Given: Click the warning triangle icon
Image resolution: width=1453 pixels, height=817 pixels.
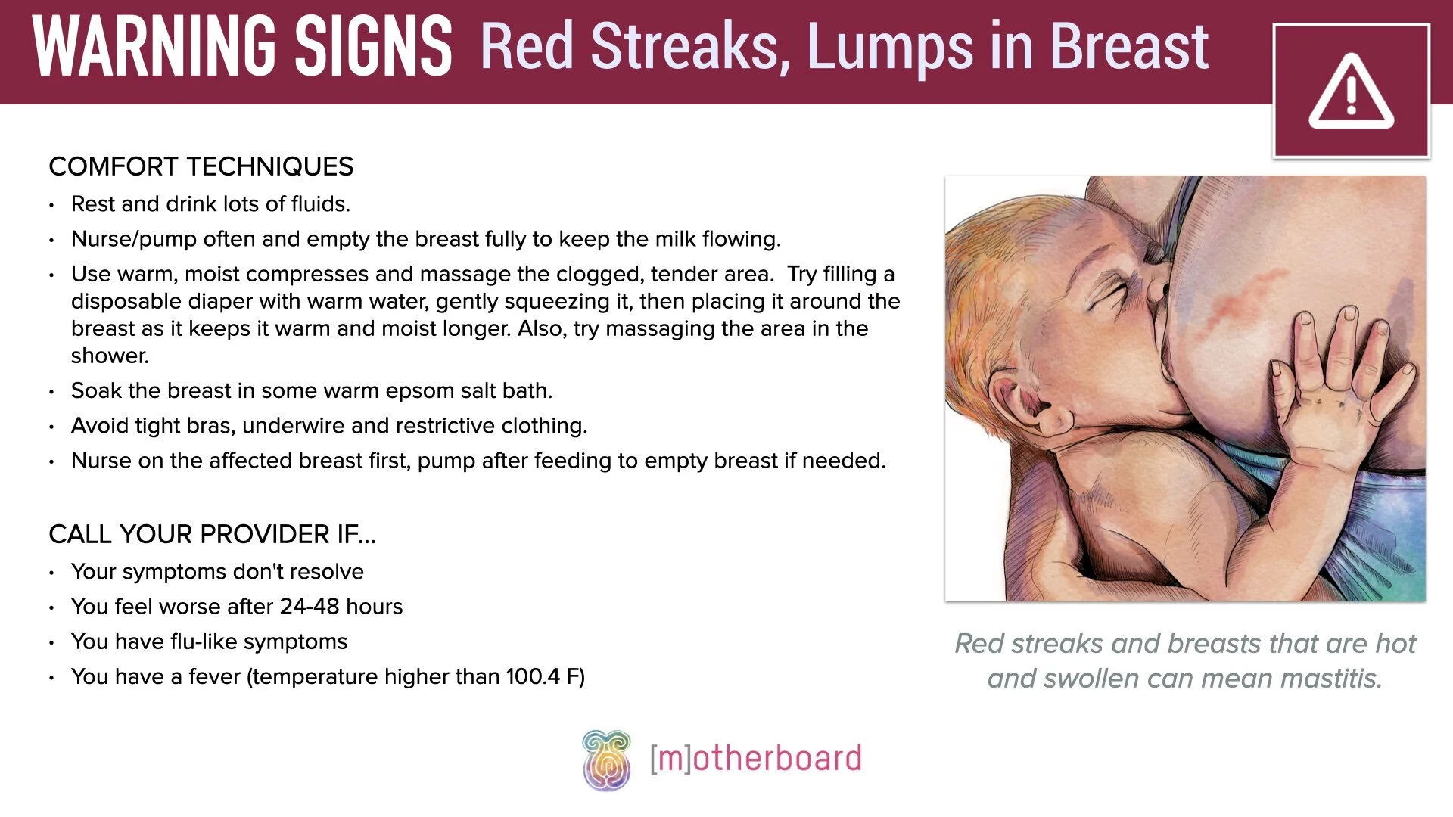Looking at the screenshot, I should pyautogui.click(x=1351, y=92).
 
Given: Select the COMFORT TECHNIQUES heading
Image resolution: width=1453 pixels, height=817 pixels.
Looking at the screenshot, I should pyautogui.click(x=201, y=166).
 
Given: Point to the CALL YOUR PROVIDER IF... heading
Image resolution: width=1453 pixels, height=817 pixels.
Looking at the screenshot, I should pyautogui.click(x=212, y=534).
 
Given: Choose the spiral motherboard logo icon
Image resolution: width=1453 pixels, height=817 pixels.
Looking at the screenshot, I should pyautogui.click(x=606, y=760).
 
